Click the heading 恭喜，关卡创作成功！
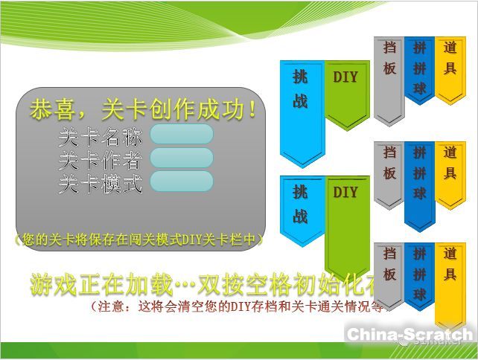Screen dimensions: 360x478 [146, 110]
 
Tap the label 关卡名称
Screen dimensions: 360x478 [101, 138]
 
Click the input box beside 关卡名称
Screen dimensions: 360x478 [181, 135]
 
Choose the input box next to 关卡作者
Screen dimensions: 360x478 [181, 158]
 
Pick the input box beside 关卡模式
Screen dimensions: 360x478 [181, 181]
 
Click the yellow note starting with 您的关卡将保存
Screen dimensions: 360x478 [139, 240]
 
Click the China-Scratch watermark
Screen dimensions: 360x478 [410, 335]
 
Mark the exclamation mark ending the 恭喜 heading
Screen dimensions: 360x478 [255, 110]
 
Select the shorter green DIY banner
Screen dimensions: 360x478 [347, 94]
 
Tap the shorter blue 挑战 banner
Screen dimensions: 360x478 [302, 212]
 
